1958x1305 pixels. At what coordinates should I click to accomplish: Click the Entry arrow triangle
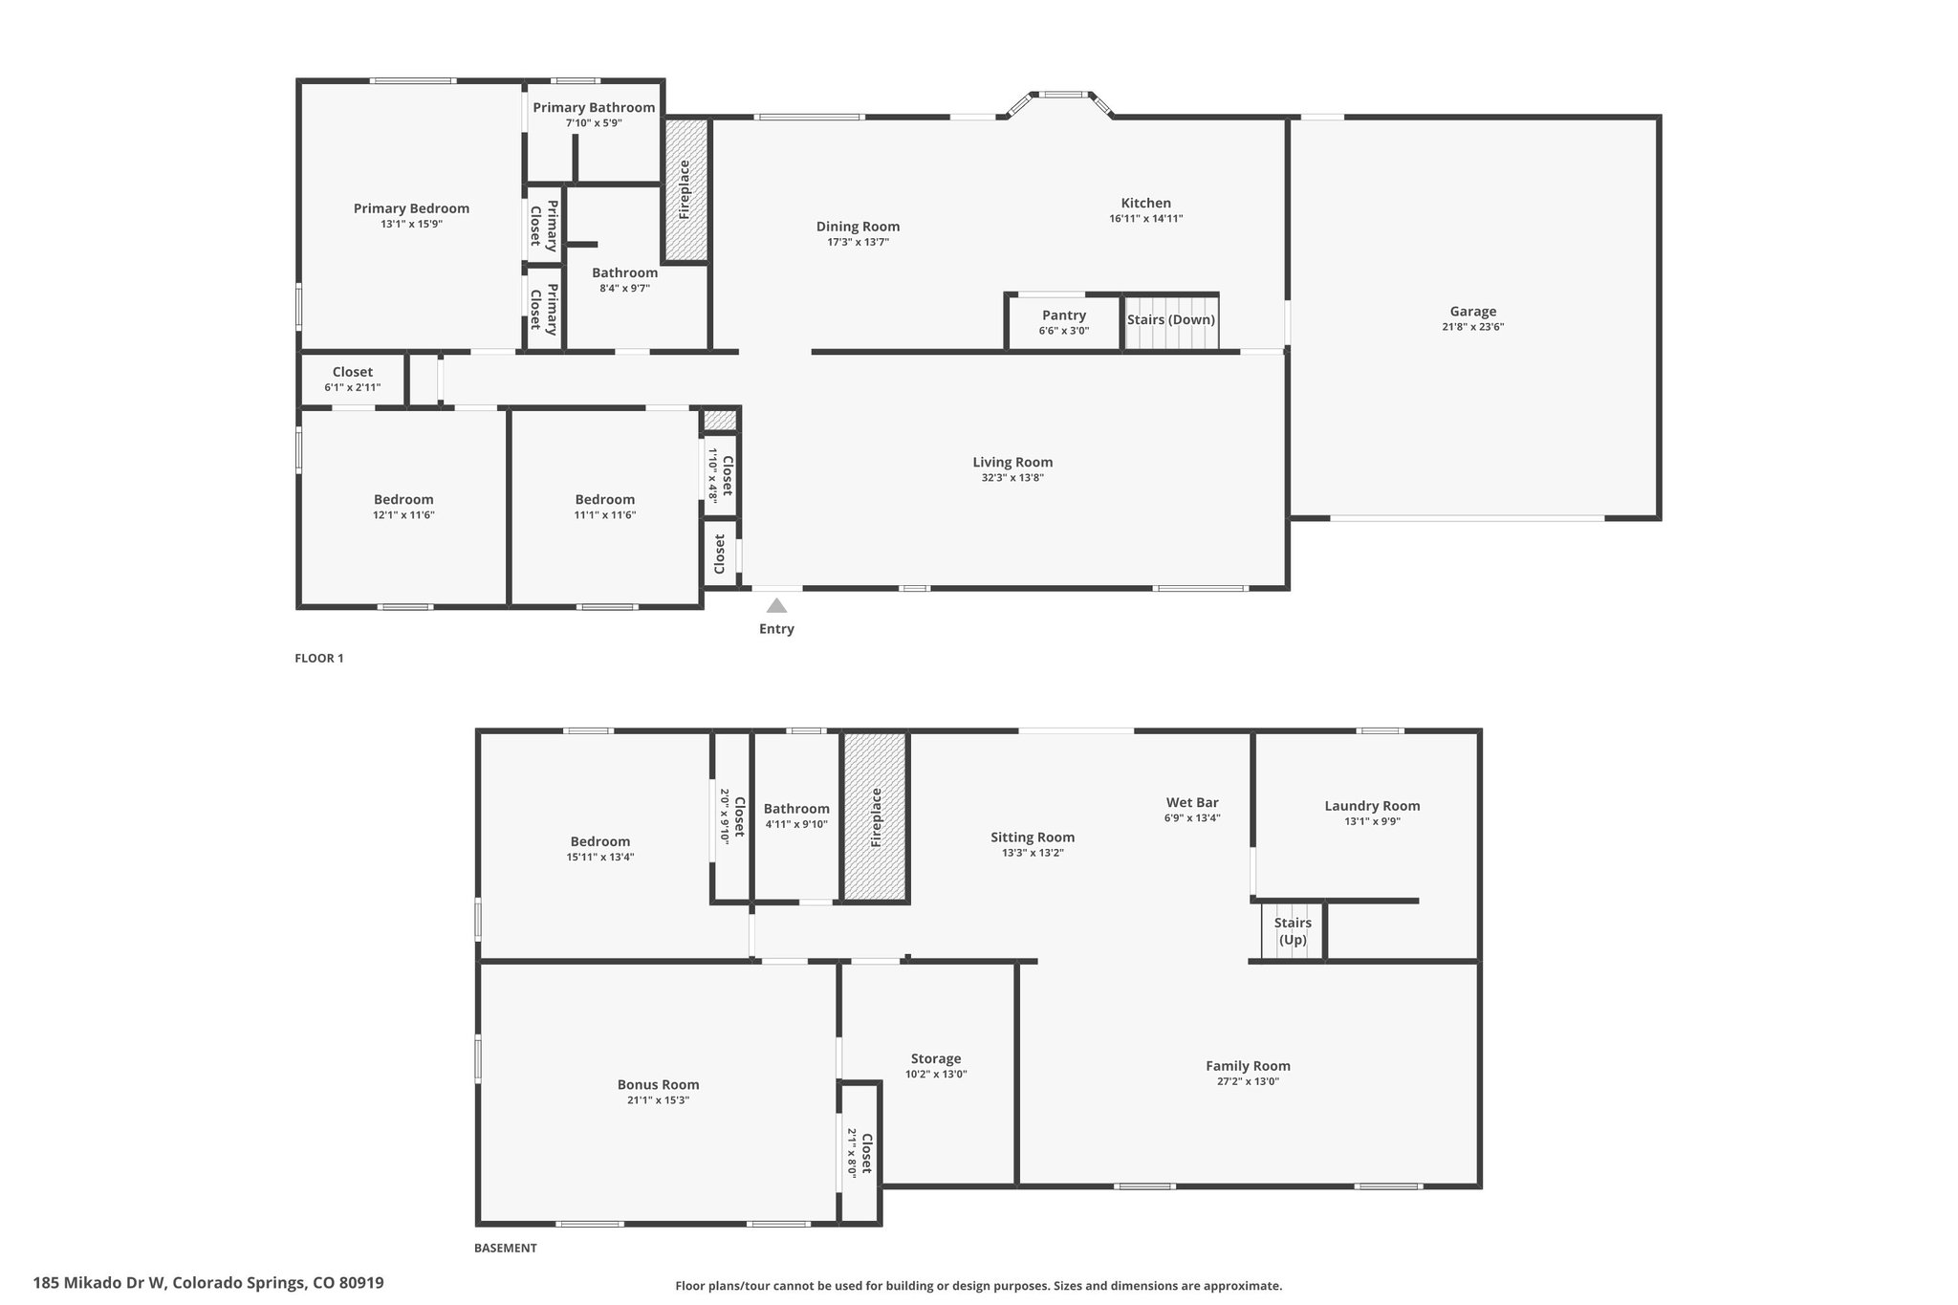[x=776, y=605]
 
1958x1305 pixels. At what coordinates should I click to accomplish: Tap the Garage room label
[x=1472, y=311]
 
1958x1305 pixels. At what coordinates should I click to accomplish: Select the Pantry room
[x=1063, y=323]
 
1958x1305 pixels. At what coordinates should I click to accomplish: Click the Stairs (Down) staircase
[x=1171, y=323]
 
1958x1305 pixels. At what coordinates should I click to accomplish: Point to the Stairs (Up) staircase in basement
[x=1293, y=931]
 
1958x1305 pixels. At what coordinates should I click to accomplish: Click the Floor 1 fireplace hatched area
[x=685, y=189]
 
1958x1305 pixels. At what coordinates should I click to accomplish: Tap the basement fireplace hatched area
[x=875, y=816]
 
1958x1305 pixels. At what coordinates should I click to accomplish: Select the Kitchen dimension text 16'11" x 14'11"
[x=1145, y=219]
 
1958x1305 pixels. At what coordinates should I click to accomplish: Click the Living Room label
[x=1012, y=463]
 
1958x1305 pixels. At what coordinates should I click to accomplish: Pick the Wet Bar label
[x=1192, y=803]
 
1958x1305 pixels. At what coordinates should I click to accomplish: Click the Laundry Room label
[x=1372, y=806]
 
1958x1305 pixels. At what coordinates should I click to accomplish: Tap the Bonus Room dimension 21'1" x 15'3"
[x=658, y=1100]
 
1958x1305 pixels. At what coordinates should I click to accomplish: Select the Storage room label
[x=936, y=1058]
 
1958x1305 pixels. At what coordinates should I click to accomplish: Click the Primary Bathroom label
[x=594, y=107]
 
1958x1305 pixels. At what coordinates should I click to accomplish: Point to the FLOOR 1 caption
[x=319, y=658]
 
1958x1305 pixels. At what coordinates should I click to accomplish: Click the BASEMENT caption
[x=506, y=1248]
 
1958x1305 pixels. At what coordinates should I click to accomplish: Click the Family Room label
[x=1248, y=1066]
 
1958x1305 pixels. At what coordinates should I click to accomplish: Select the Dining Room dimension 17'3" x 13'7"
[x=859, y=243]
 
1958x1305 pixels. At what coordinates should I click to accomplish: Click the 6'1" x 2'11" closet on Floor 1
[x=353, y=379]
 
